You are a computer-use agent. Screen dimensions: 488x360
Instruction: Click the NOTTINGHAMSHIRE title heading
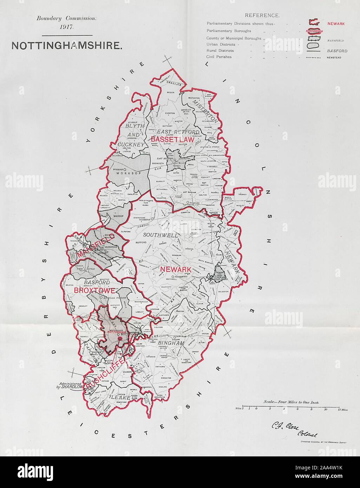pyautogui.click(x=67, y=46)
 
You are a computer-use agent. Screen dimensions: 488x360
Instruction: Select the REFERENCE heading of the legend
pyautogui.click(x=262, y=15)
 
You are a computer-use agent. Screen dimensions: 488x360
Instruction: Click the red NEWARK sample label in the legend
pyautogui.click(x=336, y=24)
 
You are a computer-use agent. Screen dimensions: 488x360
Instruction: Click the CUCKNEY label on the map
pyautogui.click(x=131, y=144)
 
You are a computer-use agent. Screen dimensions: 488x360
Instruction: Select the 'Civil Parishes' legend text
pyautogui.click(x=219, y=57)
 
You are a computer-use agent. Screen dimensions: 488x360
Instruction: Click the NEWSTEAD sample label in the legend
pyautogui.click(x=334, y=57)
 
